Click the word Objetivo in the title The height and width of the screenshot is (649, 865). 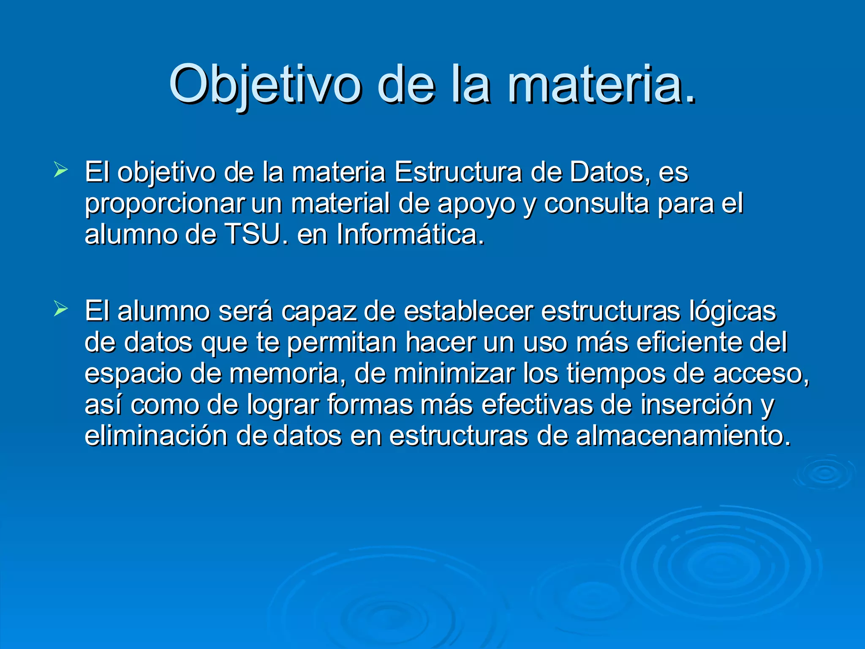coord(265,85)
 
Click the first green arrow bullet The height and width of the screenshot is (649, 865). coord(61,171)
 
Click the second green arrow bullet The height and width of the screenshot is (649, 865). coord(61,310)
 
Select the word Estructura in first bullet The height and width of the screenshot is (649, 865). coord(458,172)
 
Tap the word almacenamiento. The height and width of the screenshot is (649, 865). coord(683,436)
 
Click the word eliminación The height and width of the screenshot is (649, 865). coord(156,436)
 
